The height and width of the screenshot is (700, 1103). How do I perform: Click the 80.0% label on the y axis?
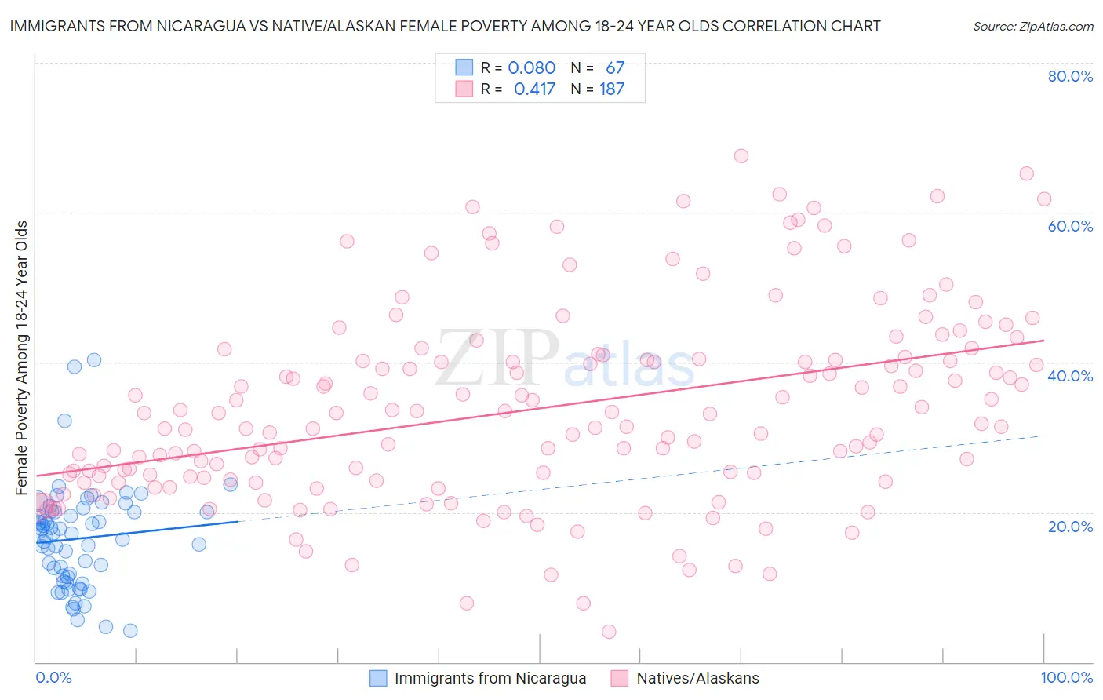coord(1070,76)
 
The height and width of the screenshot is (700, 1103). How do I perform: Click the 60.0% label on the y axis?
coord(1070,226)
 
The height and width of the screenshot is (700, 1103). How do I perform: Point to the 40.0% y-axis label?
coord(1070,376)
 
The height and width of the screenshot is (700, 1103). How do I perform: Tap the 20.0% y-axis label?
coord(1070,526)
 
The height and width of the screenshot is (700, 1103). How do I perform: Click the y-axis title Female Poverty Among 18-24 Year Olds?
coord(22,358)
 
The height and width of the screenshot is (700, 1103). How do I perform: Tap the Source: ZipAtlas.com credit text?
coord(1032,27)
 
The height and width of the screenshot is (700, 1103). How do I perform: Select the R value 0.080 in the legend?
coord(531,68)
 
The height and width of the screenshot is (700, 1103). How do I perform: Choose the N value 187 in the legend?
coord(612,89)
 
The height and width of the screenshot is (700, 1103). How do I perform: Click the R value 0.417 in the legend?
coord(534,89)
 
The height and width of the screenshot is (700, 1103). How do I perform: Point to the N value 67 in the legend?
coord(615,68)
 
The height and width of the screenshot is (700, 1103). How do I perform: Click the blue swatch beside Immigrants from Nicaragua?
coord(378,678)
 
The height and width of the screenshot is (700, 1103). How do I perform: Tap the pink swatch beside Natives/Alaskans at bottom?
coord(620,678)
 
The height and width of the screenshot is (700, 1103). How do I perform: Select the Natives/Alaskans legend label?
coord(697,678)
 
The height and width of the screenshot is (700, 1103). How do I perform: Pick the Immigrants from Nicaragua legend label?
coord(490,678)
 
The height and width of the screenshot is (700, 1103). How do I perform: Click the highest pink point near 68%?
coord(741,156)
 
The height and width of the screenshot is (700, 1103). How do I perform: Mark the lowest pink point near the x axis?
coord(609,632)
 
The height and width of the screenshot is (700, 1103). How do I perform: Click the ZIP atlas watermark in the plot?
coord(565,359)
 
